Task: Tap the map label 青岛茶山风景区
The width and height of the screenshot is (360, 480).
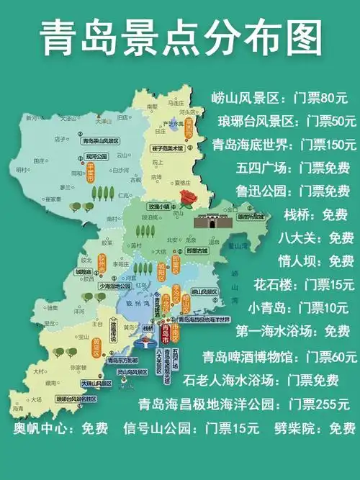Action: click(100, 141)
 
